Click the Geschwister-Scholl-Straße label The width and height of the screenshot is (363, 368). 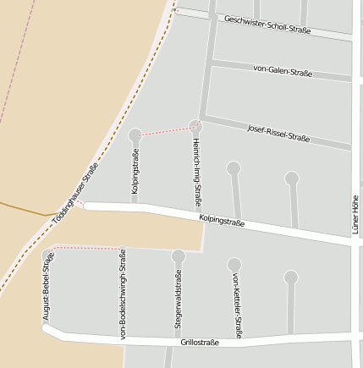pos(267,25)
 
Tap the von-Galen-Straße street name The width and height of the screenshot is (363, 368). pos(283,70)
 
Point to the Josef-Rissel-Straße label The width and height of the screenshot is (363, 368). pos(278,133)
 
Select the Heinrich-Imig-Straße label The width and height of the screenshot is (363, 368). pos(196,164)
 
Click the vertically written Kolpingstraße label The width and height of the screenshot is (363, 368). pos(135,172)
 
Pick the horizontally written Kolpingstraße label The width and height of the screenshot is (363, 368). pos(222,222)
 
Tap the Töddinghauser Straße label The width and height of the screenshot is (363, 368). pos(75,193)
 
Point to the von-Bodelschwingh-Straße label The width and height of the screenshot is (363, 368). pos(124,294)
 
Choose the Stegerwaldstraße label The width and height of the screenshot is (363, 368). pos(179,299)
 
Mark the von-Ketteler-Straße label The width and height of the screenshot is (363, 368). pos(238,305)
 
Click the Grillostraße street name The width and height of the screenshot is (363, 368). pos(200,343)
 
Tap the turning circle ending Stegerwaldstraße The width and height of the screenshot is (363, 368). pos(179,255)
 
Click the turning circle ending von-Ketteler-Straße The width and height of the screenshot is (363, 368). pos(234,265)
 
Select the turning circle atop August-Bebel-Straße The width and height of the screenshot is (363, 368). pos(48,255)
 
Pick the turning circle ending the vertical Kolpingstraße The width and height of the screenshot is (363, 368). pos(135,135)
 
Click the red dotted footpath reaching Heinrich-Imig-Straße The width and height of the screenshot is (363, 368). pos(166,131)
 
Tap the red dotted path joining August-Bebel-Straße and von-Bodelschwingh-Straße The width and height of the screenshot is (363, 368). pos(89,248)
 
